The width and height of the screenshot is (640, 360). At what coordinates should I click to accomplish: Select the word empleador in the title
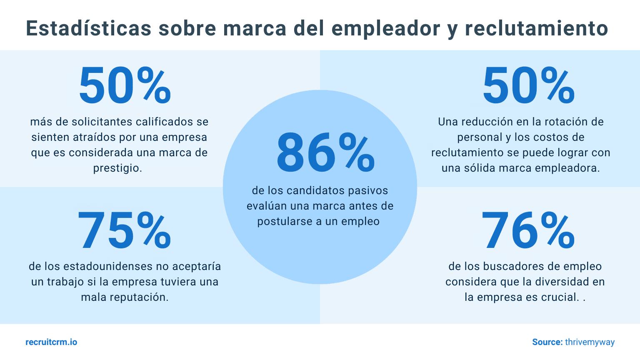pyautogui.click(x=386, y=28)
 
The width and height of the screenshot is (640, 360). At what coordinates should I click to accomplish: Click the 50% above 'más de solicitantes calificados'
pyautogui.click(x=125, y=86)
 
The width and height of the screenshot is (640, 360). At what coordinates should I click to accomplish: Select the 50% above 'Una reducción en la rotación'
pyautogui.click(x=528, y=86)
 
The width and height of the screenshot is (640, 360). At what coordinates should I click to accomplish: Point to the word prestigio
pyautogui.click(x=117, y=168)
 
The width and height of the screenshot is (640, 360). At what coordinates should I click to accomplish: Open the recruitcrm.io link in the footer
pyautogui.click(x=51, y=342)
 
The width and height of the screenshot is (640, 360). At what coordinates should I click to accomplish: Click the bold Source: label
pyautogui.click(x=547, y=342)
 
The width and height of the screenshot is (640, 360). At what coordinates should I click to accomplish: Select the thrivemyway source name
pyautogui.click(x=590, y=342)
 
